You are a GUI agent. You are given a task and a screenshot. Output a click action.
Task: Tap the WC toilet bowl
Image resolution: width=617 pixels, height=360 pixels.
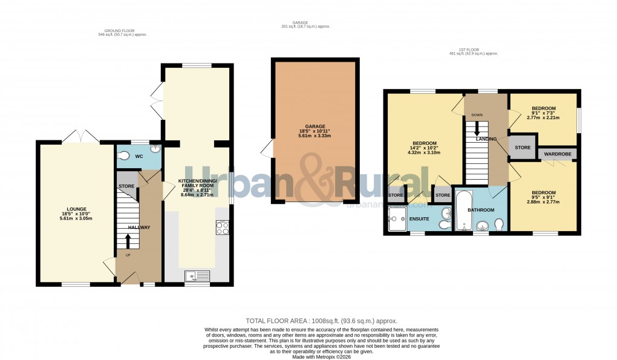(125, 154)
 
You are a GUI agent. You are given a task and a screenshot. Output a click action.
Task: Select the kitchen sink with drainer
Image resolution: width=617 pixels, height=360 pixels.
(197, 276)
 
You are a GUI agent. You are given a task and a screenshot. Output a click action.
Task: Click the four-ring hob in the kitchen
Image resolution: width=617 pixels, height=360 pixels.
(221, 228)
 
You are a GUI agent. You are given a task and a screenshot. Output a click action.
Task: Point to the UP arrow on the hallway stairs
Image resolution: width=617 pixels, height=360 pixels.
(127, 241)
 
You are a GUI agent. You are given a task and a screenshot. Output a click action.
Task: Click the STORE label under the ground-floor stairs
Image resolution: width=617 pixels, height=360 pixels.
(126, 186)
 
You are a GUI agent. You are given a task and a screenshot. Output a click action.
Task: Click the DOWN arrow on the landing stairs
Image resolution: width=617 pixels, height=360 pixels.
(477, 129)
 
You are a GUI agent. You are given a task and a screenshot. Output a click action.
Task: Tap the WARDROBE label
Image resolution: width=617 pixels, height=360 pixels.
(557, 154)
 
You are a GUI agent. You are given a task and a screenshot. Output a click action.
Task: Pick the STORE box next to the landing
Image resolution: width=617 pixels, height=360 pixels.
(523, 148)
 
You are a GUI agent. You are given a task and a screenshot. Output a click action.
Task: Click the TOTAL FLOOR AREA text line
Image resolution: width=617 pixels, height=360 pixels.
(321, 321)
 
